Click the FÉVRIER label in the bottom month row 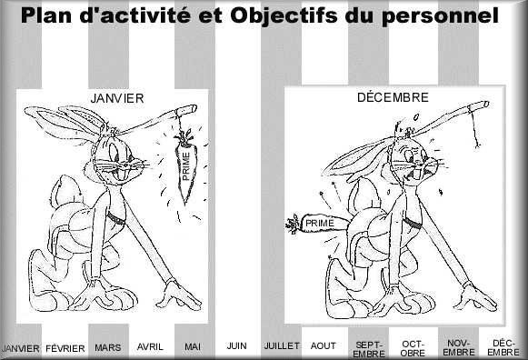tap(65, 348)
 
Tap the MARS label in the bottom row tap(108, 347)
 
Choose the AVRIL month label tap(150, 346)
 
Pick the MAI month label tap(192, 346)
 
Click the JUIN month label tap(236, 345)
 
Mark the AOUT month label tap(323, 346)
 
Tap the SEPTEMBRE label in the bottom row tap(368, 349)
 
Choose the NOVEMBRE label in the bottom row tap(458, 347)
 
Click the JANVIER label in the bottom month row tap(21, 348)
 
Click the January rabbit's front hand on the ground tap(178, 300)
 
